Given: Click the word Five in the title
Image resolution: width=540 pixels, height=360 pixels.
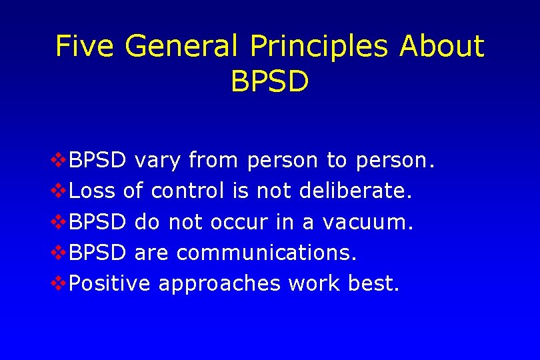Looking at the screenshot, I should [x=84, y=47].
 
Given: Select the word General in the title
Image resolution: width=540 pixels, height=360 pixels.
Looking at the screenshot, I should [x=181, y=47].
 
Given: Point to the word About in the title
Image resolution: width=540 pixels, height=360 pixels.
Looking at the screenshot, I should [x=442, y=47].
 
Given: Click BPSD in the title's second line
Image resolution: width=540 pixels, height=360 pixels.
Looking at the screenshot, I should [x=269, y=81].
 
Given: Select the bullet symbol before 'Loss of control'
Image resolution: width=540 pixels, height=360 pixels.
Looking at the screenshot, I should [x=59, y=191].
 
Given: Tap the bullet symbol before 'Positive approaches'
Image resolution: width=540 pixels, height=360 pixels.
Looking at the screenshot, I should [x=59, y=284].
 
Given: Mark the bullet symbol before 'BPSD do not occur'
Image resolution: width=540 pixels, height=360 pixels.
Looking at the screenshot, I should [x=59, y=222].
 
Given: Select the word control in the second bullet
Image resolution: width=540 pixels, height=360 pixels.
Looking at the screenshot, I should [x=188, y=191].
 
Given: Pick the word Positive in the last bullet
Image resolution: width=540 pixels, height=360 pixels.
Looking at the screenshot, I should [x=110, y=284].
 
